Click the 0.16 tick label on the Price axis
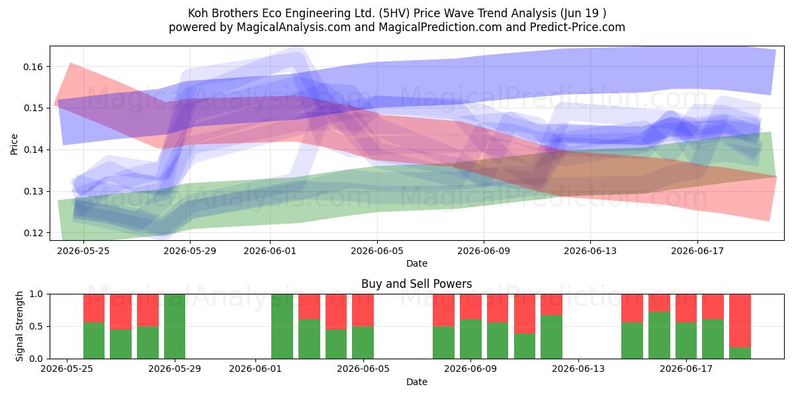coord(32,67)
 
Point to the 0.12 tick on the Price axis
coord(32,233)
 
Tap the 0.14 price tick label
coord(32,150)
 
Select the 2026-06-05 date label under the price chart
coord(377,251)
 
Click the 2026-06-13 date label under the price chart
coord(590,251)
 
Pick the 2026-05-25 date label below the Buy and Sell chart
coord(67,369)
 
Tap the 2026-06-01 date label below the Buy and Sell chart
coord(255,369)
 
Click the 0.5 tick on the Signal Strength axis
coord(37,326)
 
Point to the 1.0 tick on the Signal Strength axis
coord(37,294)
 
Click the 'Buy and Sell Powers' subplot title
coord(416,284)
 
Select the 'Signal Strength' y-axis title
coord(19,326)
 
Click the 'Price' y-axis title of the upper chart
coord(14,144)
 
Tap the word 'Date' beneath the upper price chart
coord(416,263)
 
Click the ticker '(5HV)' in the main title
coord(394,13)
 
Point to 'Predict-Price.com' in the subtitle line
coord(578,27)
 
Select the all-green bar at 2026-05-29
coord(175,326)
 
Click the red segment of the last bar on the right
coord(740,320)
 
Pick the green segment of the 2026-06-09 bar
coord(470,339)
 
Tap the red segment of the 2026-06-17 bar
coord(686,308)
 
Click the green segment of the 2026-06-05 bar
coord(363,343)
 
